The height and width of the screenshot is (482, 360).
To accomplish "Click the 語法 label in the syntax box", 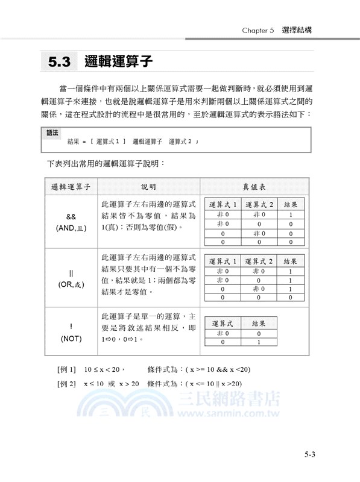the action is (x=53, y=132).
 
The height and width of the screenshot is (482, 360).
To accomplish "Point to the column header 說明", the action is (x=148, y=186).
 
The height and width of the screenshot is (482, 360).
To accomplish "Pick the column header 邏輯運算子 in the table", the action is (x=71, y=186).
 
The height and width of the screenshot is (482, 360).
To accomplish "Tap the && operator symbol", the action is (x=71, y=216).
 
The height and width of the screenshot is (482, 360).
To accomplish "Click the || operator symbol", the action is (x=71, y=272).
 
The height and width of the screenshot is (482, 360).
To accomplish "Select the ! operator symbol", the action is (x=71, y=327).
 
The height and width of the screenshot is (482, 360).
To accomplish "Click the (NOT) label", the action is (x=71, y=339).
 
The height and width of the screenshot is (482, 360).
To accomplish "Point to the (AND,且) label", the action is (x=71, y=228).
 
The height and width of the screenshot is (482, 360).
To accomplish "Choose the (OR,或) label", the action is (x=71, y=284).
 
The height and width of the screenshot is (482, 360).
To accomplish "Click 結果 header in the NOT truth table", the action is (x=259, y=324).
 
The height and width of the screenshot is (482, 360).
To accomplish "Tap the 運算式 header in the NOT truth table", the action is (x=223, y=324).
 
